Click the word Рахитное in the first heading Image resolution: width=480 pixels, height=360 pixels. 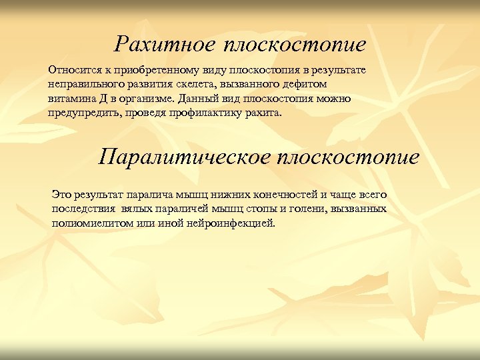click(164, 44)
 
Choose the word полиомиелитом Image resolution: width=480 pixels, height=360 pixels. click(89, 223)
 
